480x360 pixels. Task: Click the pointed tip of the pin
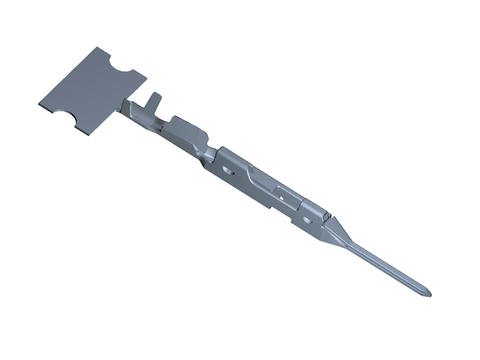[430, 293]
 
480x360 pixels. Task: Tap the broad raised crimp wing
[184, 128]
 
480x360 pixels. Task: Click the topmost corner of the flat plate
[97, 47]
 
